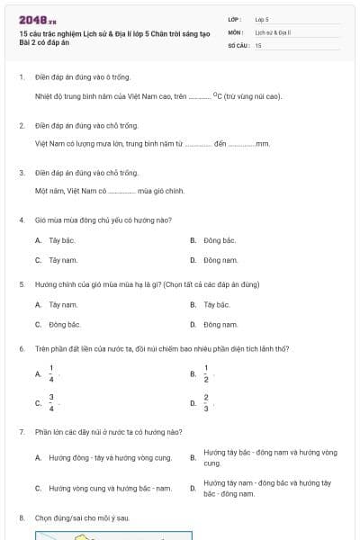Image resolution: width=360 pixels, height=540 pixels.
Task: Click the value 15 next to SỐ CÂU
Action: [258, 44]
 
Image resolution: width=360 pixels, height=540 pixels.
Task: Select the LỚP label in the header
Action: [235, 18]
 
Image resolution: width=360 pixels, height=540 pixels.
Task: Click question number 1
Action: [21, 77]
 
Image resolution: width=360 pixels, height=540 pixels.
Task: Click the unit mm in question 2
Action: [263, 143]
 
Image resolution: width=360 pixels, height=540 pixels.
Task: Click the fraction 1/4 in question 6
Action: [51, 373]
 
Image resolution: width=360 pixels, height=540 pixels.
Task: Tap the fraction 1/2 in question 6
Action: [206, 373]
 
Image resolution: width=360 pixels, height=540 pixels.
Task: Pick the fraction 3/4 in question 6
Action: [51, 402]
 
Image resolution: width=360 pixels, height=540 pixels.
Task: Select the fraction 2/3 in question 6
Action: [206, 402]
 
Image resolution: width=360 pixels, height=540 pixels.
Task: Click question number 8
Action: [21, 518]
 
